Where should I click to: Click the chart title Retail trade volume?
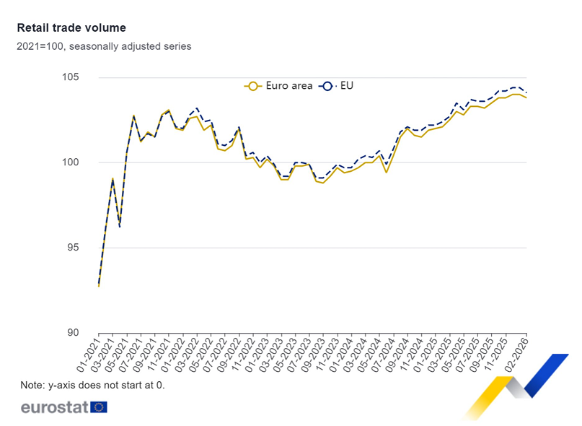[71, 28]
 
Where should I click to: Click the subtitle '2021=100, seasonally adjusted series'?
[105, 46]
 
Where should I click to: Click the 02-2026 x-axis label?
[516, 352]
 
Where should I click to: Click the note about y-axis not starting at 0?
[93, 385]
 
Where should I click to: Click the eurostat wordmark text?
[54, 407]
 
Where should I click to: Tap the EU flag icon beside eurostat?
[99, 407]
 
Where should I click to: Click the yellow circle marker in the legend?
[252, 86]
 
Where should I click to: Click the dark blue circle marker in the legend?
[327, 86]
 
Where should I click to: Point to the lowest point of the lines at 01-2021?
[99, 286]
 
